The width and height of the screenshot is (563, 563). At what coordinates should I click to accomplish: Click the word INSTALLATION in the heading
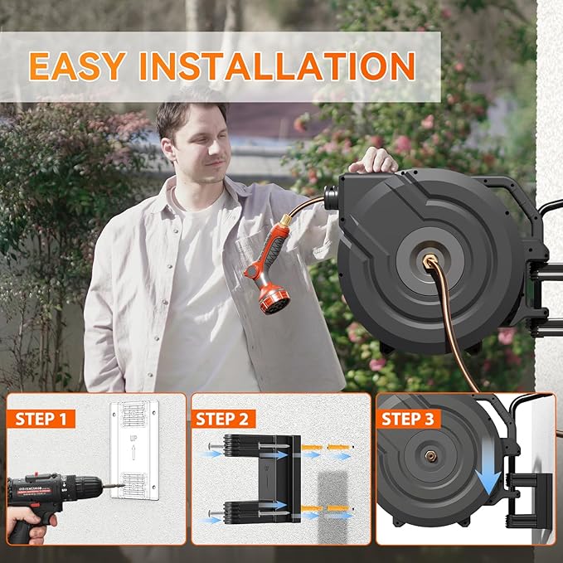tap(277, 66)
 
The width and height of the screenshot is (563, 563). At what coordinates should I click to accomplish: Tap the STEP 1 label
tap(41, 419)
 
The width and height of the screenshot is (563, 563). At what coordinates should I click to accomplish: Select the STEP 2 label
tap(226, 419)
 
